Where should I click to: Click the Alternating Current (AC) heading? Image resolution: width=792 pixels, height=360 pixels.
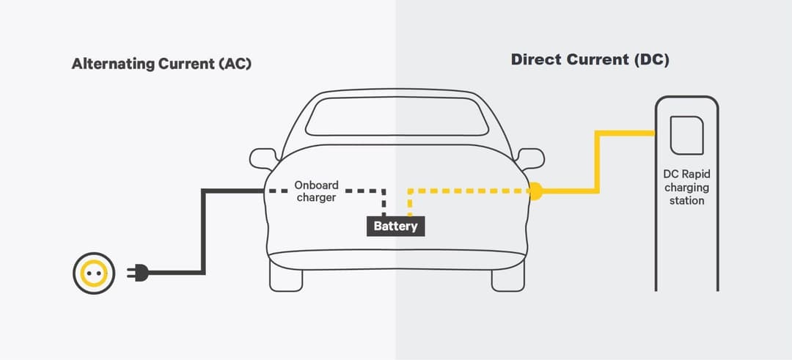point(161,64)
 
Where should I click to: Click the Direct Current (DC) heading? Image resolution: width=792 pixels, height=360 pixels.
point(590,60)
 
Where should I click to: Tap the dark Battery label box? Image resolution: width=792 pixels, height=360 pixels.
point(395,226)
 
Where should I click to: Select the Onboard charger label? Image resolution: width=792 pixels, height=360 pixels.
point(316,191)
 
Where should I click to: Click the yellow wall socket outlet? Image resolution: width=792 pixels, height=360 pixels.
point(94,273)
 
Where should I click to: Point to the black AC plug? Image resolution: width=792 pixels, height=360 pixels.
point(138,273)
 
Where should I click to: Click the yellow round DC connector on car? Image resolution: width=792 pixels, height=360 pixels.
point(535,192)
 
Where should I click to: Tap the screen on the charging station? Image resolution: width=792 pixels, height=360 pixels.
point(686,136)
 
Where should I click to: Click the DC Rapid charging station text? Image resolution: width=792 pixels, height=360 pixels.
point(687,187)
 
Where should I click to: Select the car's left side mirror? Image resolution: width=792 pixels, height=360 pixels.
point(263,158)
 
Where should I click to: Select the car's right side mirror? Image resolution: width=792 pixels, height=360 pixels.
point(529,158)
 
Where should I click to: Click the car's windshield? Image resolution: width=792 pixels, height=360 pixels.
point(397,117)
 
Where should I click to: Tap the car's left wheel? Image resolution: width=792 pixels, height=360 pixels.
point(287,277)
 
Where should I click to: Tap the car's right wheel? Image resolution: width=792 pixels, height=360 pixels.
point(507,277)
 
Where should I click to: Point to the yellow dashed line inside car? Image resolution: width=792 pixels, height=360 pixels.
point(469,192)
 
